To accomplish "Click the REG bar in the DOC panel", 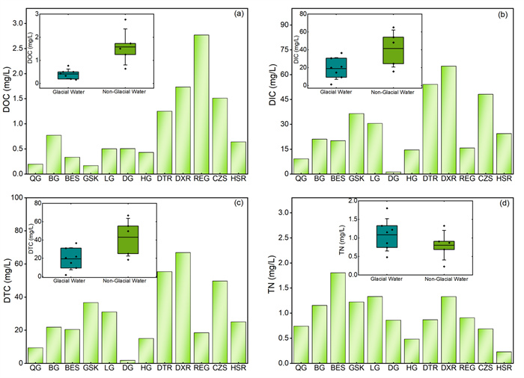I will pos(201,105).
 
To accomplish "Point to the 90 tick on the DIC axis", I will pos(284,25).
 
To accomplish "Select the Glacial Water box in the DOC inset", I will pos(68,75).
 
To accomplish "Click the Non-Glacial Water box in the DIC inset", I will pos(393,50).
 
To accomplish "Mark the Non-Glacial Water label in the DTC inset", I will pos(138,284).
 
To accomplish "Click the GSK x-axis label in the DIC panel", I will pos(356,179).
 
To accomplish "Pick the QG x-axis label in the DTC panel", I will pos(35,368).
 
